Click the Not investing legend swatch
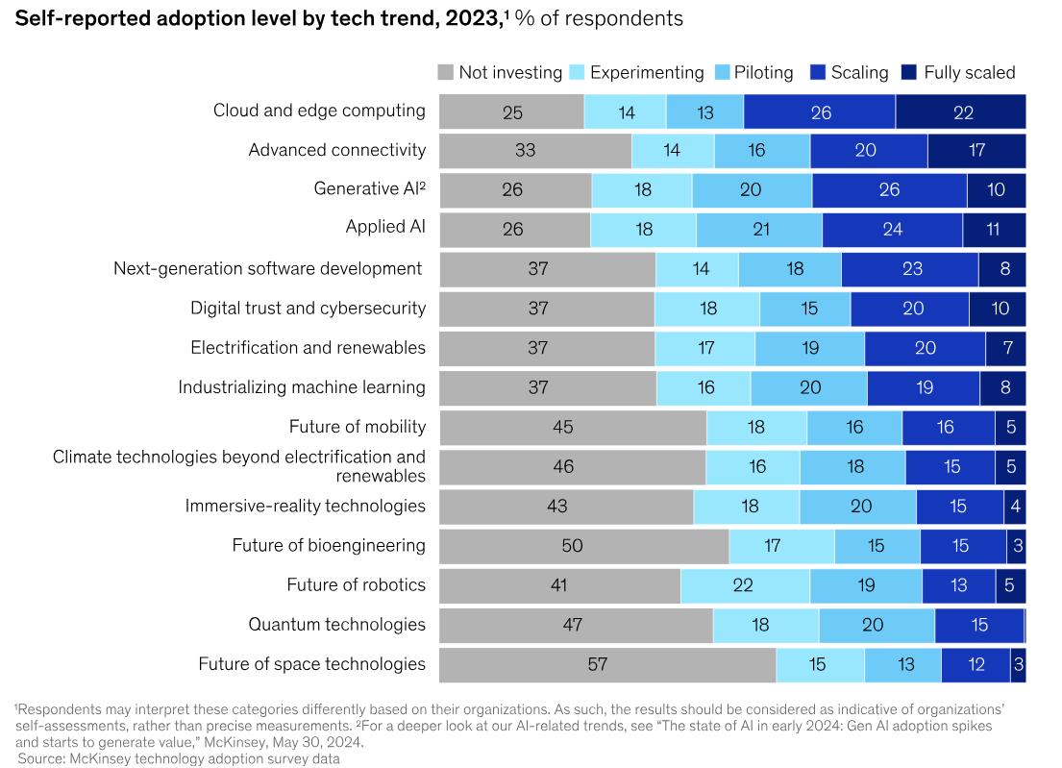point(446,72)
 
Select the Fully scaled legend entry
point(969,72)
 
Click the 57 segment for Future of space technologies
point(607,664)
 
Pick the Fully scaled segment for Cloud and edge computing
point(961,111)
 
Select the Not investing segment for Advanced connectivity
point(535,151)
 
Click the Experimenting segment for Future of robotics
point(745,585)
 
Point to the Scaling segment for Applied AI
point(892,230)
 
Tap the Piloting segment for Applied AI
point(759,230)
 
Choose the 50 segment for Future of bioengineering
point(584,546)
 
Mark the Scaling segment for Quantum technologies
point(978,625)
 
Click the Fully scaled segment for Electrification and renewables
point(1005,348)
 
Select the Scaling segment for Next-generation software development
point(910,269)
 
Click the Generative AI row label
point(369,189)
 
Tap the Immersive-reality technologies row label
point(305,506)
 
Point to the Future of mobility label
point(357,427)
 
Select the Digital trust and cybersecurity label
point(308,309)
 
